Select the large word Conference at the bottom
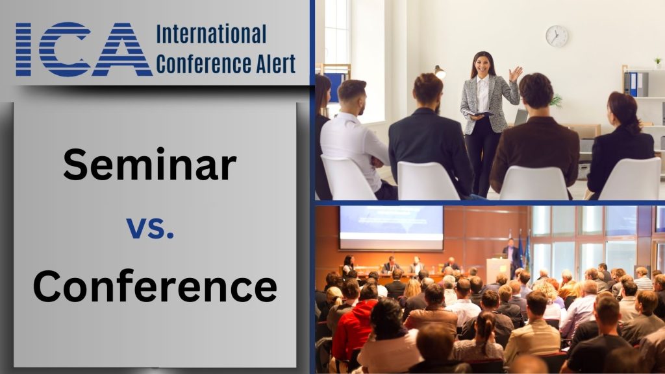[155, 286]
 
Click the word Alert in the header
[274, 64]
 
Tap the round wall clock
[557, 36]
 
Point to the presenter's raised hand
[516, 73]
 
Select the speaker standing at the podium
[510, 252]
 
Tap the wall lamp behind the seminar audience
[439, 71]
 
